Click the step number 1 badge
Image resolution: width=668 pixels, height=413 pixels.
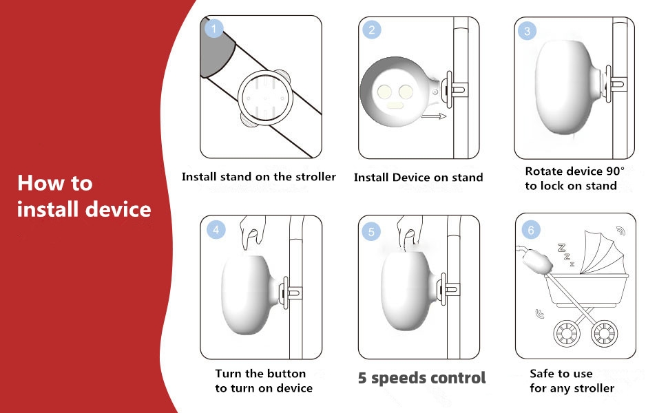tap(213, 29)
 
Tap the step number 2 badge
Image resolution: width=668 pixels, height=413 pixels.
tap(371, 30)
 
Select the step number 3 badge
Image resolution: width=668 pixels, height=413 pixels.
tap(527, 31)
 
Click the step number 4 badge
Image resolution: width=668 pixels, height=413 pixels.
tap(216, 230)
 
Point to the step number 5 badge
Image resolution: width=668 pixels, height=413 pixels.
tap(371, 231)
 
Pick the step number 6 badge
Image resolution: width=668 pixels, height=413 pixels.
tap(531, 231)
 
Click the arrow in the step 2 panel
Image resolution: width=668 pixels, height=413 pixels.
tap(433, 116)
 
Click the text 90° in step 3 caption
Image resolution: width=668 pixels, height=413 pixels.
tap(616, 171)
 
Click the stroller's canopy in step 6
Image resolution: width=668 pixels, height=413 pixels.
tap(603, 253)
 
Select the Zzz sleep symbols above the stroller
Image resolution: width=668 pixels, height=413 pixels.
tap(566, 255)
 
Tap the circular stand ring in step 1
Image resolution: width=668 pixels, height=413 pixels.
tap(265, 98)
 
